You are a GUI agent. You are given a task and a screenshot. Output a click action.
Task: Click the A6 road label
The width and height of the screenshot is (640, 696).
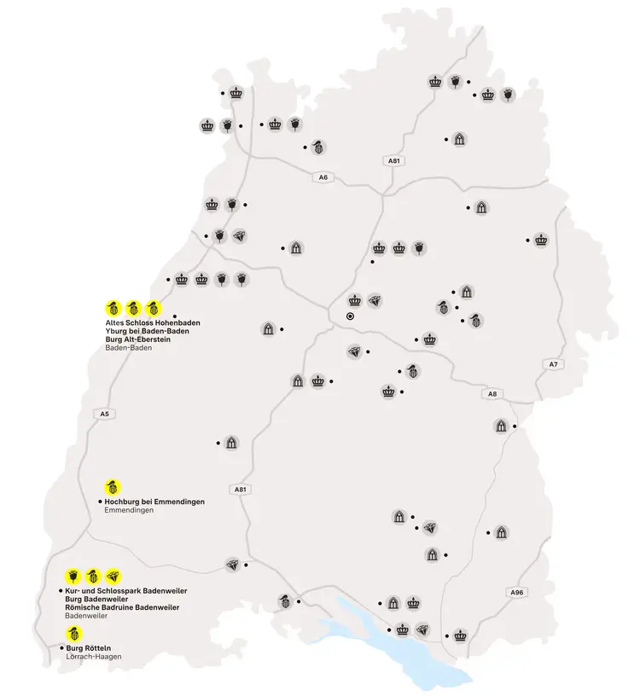(x=322, y=177)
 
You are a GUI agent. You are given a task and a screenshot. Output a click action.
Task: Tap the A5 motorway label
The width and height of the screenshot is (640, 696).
(x=104, y=414)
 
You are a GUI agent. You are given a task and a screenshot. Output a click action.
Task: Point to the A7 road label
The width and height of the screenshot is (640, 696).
(x=552, y=364)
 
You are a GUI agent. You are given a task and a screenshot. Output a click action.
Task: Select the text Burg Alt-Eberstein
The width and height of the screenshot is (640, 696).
(x=135, y=339)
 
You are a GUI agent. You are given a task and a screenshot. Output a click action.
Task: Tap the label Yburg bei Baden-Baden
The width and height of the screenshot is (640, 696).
(x=140, y=332)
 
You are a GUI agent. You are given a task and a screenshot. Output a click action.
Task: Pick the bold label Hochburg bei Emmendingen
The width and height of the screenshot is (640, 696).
(x=154, y=502)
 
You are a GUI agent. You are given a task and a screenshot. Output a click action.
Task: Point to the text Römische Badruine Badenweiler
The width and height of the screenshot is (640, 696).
(x=122, y=606)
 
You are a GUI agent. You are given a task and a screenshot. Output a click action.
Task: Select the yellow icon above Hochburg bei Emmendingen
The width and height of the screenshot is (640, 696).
(x=112, y=487)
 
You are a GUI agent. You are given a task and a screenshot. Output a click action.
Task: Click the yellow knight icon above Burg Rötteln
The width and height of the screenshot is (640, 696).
(x=75, y=634)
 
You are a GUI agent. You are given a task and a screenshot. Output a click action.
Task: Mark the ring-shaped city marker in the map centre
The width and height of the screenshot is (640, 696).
(x=349, y=316)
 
